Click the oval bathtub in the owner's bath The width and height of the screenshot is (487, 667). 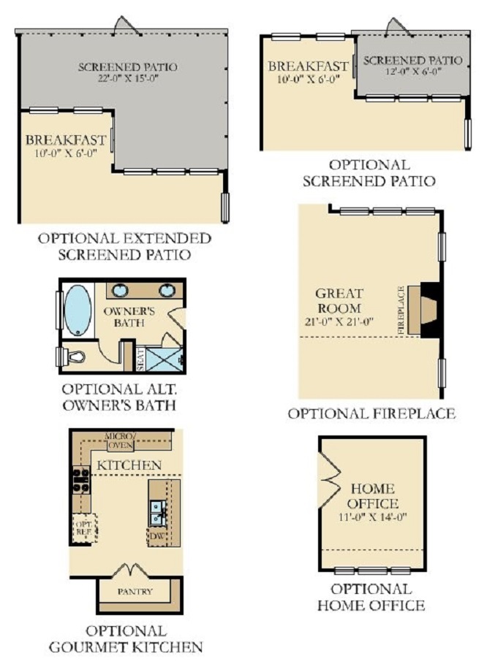[78, 310]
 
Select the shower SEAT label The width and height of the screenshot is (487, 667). [141, 359]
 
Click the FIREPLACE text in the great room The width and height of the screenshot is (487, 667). [401, 310]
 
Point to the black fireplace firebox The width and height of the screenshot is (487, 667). [431, 310]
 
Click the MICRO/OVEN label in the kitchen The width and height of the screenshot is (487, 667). [121, 441]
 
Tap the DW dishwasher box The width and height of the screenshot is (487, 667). [156, 536]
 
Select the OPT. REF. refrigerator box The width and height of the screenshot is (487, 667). [84, 528]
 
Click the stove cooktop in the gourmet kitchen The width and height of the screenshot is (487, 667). [81, 480]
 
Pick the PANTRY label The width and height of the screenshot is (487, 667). [135, 591]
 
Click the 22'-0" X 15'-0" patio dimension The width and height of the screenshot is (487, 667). [128, 79]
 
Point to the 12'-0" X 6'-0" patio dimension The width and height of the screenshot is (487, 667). [412, 72]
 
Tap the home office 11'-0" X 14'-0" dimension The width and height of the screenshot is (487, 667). [373, 517]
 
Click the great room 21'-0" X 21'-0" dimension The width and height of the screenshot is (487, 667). [339, 321]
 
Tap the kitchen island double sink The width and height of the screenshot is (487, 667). [157, 514]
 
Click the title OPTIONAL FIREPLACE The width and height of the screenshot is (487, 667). [371, 413]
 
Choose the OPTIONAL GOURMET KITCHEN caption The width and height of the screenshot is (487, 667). [126, 639]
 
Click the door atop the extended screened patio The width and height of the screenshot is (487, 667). [126, 25]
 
